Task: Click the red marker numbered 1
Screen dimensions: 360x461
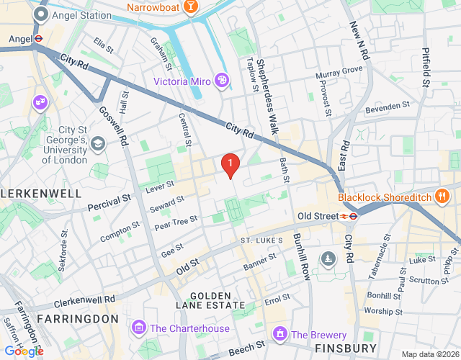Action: coord(230,166)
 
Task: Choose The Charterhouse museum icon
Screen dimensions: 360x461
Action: coord(138,328)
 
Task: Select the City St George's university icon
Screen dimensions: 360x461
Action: coord(97,144)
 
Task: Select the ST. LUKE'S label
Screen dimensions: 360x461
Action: coord(261,239)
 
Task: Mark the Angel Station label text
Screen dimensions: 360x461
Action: coord(82,14)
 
